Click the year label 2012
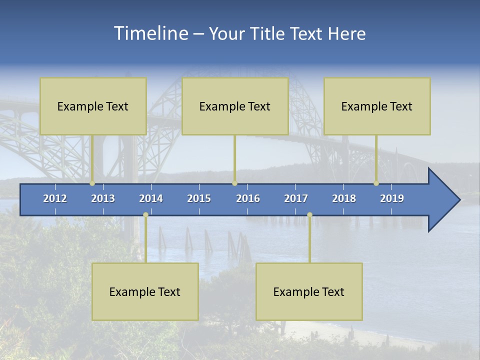click(x=55, y=198)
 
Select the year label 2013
click(x=103, y=198)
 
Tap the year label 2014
click(x=151, y=198)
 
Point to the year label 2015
click(x=199, y=198)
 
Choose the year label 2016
click(x=248, y=198)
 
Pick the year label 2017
click(x=296, y=198)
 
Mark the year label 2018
click(x=344, y=198)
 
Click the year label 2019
click(x=392, y=198)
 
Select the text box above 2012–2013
click(x=93, y=106)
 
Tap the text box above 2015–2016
click(x=235, y=106)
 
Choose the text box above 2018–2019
click(x=377, y=106)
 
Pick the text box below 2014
click(x=145, y=291)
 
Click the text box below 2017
click(x=309, y=291)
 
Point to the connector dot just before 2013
click(x=92, y=183)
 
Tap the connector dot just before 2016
click(x=234, y=183)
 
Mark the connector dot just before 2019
click(x=376, y=183)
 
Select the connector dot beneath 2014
click(x=145, y=214)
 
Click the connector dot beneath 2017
click(x=309, y=214)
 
